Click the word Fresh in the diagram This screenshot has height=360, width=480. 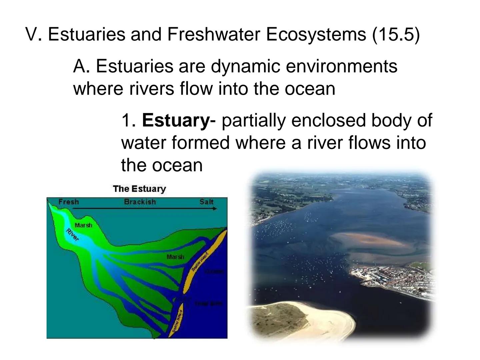tap(69, 202)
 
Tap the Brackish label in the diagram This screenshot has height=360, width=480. tap(140, 202)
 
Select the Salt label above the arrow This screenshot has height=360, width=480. tap(206, 202)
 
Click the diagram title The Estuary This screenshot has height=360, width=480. tap(139, 189)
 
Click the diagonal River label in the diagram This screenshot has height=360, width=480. tap(73, 235)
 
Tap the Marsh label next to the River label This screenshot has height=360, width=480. tap(83, 225)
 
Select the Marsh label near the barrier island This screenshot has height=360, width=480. tap(175, 257)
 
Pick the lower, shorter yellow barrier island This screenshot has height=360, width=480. tap(176, 319)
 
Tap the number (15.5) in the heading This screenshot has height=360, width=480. tap(396, 34)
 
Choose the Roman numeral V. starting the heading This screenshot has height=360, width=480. tap(33, 34)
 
